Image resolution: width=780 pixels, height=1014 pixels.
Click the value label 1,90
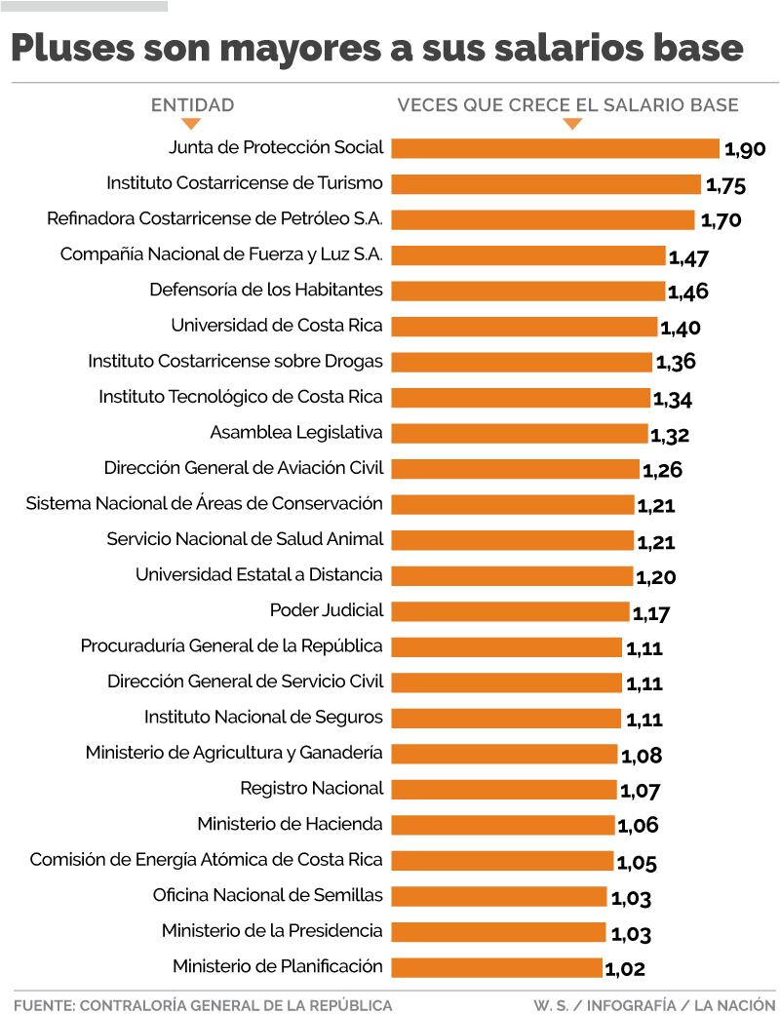coord(745,149)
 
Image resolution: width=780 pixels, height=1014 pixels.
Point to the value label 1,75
coord(725,185)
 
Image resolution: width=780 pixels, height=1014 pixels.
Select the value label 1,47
coord(688,257)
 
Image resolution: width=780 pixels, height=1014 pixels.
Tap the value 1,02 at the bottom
coord(625,969)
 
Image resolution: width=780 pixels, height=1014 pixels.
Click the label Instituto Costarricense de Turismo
coord(244,183)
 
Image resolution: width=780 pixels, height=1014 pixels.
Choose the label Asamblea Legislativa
coord(296,432)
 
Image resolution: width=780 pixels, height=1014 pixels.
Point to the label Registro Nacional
coord(311,788)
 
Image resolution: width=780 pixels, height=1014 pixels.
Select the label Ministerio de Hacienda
coord(290,824)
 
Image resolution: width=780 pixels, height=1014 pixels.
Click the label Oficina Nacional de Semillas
coord(268,895)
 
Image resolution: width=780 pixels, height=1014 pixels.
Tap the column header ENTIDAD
coord(192,105)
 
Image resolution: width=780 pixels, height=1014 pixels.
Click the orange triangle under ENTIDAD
coord(191,124)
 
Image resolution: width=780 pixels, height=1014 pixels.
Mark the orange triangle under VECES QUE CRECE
coord(572,124)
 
